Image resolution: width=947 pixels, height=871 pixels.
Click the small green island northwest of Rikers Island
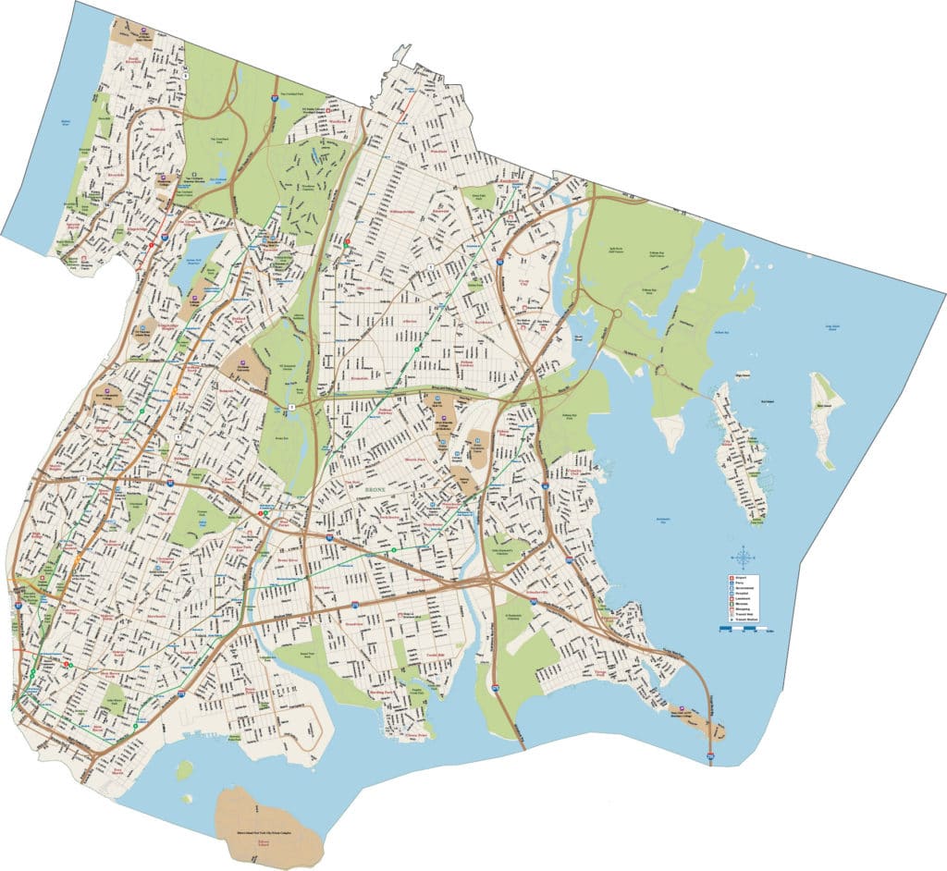point(185,767)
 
